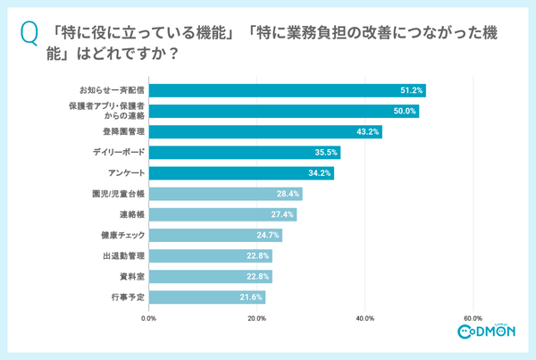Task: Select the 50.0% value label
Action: tap(405, 112)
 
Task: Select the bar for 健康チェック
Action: tap(214, 236)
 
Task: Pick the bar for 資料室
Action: tap(210, 277)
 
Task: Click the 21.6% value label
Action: tap(252, 297)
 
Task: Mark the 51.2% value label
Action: tap(411, 90)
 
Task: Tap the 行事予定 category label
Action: tap(129, 297)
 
